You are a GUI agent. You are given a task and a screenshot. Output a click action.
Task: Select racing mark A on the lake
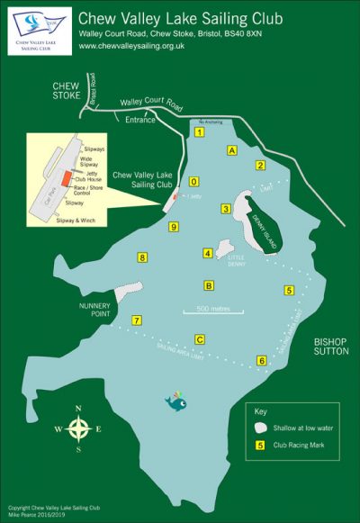pos(231,150)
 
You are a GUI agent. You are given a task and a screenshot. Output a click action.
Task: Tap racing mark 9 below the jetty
pos(174,227)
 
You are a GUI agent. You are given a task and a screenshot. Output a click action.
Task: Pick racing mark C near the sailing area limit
pos(200,339)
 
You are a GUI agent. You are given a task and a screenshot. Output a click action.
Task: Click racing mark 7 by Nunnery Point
pos(137,320)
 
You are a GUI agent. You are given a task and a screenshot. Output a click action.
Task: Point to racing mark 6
pos(262,361)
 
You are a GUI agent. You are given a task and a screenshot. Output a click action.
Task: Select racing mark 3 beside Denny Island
pos(226,210)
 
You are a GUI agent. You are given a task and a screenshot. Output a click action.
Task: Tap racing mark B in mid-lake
pos(209,286)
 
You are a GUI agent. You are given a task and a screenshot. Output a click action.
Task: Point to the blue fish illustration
pos(176,402)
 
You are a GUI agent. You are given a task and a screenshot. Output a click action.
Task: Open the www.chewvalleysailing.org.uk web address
pos(138,46)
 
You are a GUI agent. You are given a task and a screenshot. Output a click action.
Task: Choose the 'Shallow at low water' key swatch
pos(259,428)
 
